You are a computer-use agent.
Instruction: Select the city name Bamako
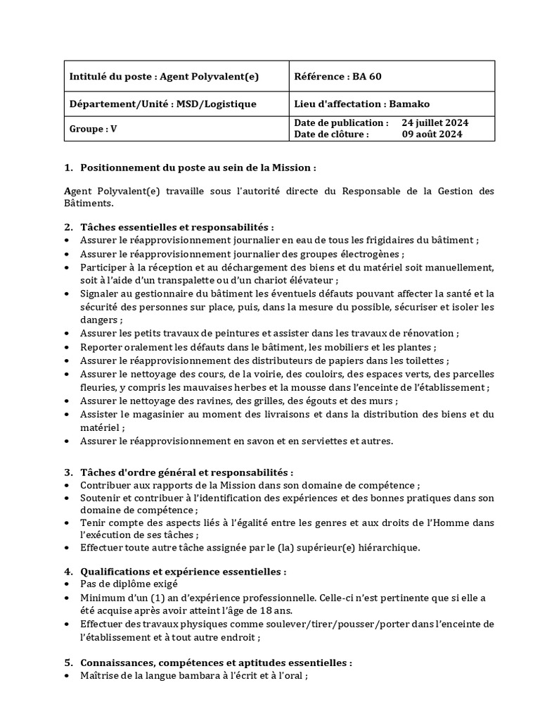(408, 104)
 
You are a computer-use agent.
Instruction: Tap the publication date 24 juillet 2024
(435, 123)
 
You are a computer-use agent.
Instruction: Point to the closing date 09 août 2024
(432, 134)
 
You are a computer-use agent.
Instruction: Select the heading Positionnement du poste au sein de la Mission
(198, 168)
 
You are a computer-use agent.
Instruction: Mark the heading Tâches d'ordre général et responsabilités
(187, 472)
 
